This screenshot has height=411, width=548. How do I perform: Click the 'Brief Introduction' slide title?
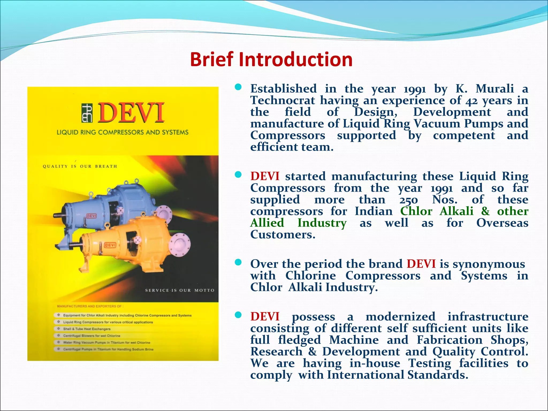coord(271,59)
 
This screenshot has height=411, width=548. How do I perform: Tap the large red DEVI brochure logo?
coord(131,113)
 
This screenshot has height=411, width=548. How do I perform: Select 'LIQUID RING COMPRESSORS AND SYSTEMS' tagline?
coord(123,132)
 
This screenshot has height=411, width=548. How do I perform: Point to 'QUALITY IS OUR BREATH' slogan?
coord(80,166)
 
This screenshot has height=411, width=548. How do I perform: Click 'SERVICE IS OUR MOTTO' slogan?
coord(180,290)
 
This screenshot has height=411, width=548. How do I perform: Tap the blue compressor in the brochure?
coord(107,206)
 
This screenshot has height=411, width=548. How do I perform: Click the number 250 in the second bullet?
coord(409,200)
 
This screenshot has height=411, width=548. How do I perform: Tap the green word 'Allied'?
coord(267,223)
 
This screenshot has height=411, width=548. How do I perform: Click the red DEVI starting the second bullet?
coord(265,176)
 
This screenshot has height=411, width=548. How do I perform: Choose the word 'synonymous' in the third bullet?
coord(489,264)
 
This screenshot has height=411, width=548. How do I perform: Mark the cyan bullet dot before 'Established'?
coord(238,87)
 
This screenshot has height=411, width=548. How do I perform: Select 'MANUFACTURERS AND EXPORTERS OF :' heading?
coord(90,306)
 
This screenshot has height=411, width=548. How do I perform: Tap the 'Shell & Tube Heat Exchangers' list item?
coord(87,329)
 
